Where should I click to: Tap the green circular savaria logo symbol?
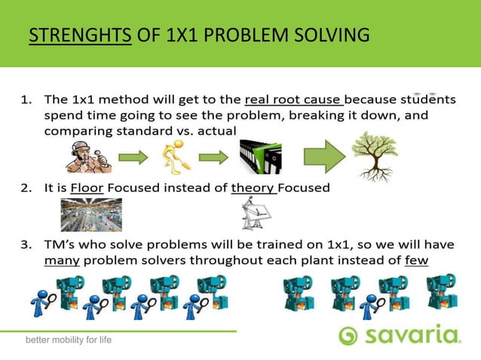tap(348, 336)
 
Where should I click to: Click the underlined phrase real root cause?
tap(294, 99)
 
